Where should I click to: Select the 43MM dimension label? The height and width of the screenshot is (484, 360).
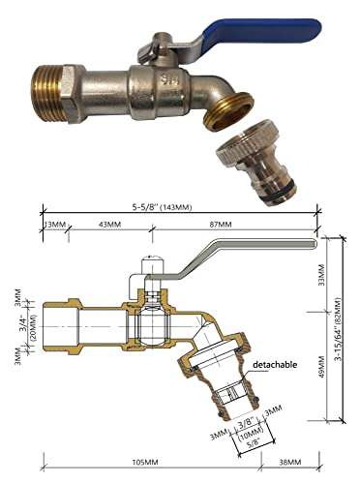point(109,225)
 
